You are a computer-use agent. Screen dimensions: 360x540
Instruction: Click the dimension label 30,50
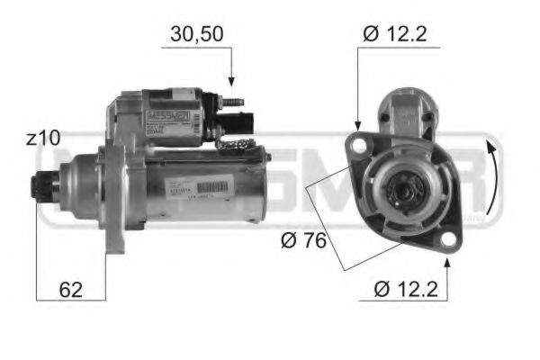click(197, 35)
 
